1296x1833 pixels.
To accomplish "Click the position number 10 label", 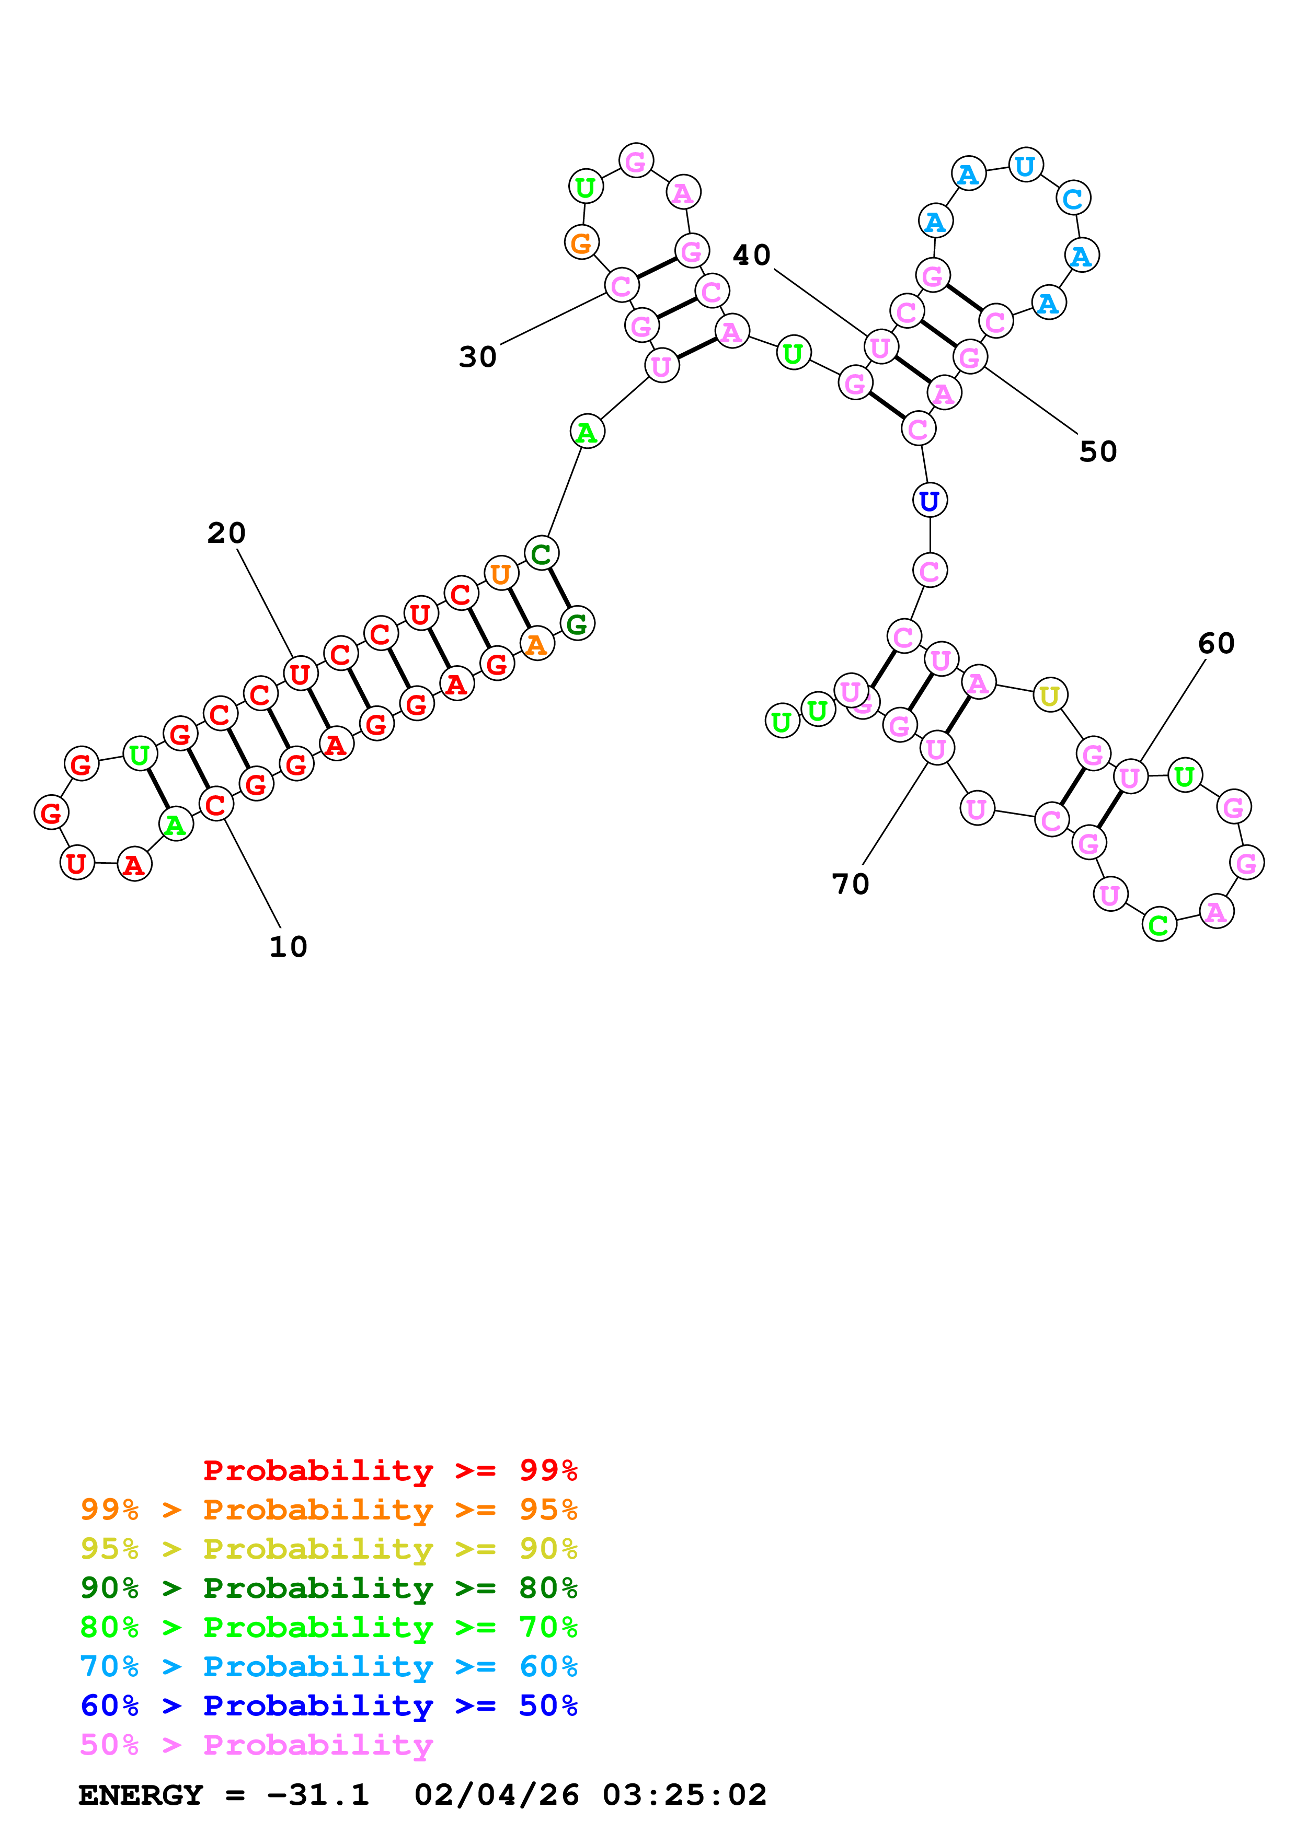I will click(x=288, y=947).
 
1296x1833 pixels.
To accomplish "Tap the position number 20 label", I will click(x=226, y=533).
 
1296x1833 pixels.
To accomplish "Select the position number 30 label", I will click(x=477, y=357).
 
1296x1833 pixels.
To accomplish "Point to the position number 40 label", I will click(x=751, y=256).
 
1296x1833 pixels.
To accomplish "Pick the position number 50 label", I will click(x=1098, y=452).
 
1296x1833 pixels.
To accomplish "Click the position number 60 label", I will click(x=1216, y=643).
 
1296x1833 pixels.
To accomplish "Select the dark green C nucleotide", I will click(x=542, y=553).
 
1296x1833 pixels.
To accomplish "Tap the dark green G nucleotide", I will click(x=577, y=623).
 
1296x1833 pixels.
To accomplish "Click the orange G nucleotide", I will click(x=581, y=242).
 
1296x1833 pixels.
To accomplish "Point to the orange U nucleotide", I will click(x=501, y=574).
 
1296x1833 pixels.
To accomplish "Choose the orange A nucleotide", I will click(x=536, y=643).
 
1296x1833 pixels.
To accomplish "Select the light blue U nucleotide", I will click(x=1025, y=166).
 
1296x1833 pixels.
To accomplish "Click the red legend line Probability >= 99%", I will click(x=389, y=1470).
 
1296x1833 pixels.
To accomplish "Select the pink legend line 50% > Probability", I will click(x=256, y=1744).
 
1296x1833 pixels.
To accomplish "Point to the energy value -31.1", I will click(x=318, y=1795).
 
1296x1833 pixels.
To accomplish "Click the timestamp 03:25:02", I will click(x=684, y=1795).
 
